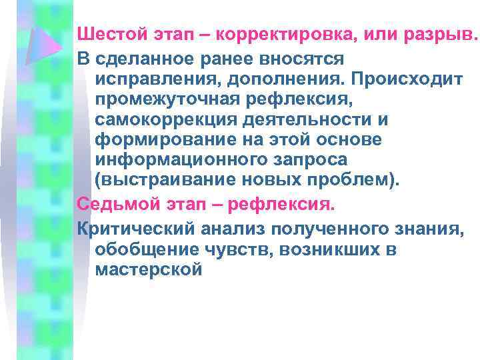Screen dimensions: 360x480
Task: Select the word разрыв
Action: tap(439, 34)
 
